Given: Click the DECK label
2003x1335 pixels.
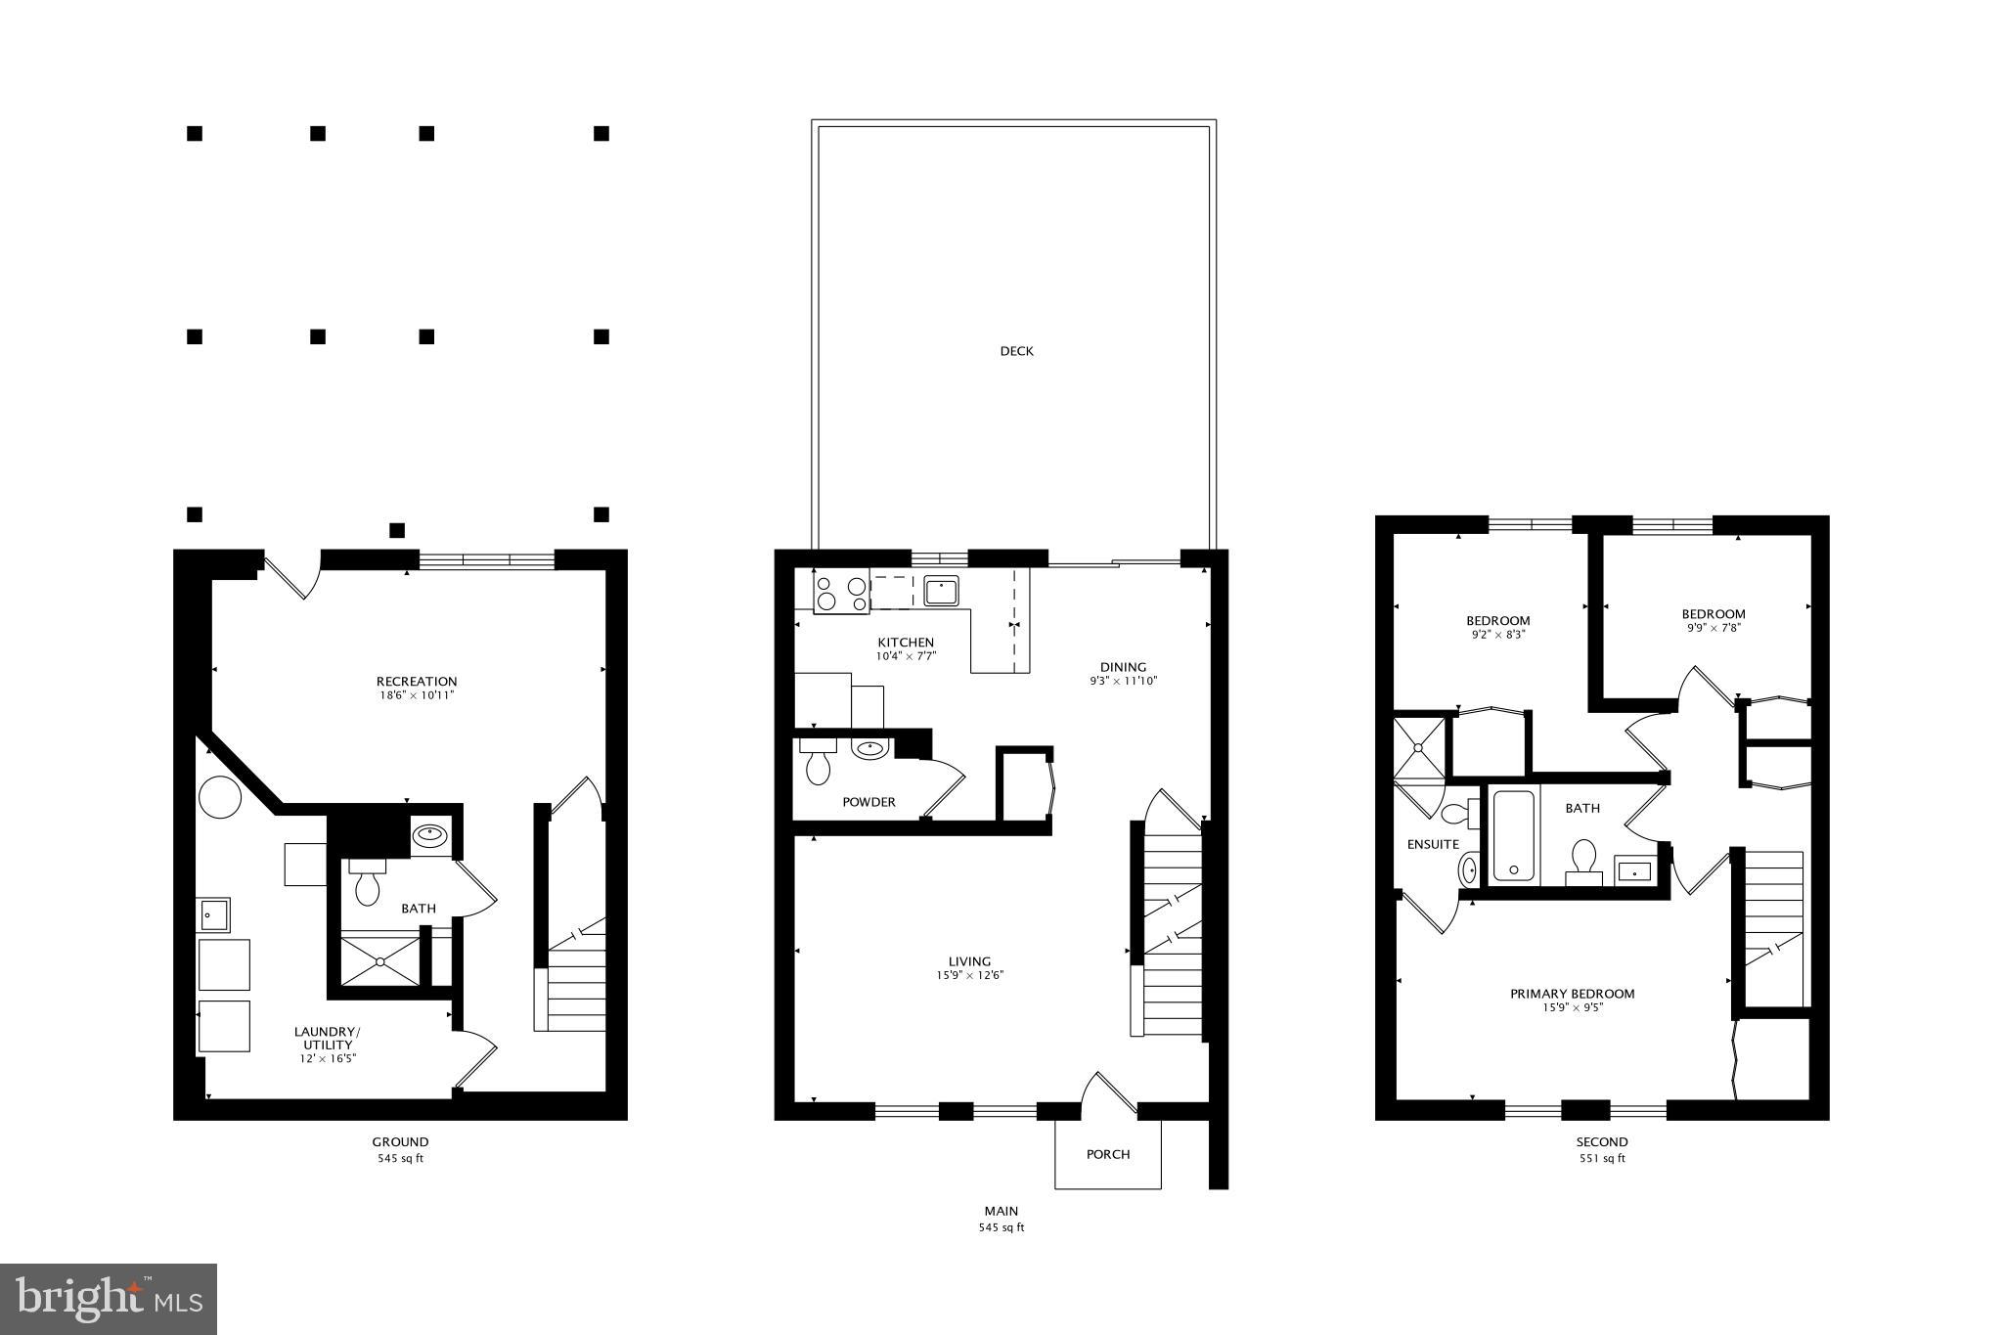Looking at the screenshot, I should [1016, 351].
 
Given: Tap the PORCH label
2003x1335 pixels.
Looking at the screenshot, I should [1107, 1154].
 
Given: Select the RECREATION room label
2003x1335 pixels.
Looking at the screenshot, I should [417, 682].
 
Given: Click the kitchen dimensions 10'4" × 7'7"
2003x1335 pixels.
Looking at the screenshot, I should [906, 656].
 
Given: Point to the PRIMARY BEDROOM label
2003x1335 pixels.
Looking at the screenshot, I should [1572, 994].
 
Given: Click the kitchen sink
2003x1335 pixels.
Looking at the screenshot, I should [941, 592].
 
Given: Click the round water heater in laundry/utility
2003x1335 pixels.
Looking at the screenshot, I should [220, 798].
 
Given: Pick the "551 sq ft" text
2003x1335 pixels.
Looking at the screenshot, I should [1601, 1159].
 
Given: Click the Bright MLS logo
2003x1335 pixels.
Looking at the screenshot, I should [109, 1299].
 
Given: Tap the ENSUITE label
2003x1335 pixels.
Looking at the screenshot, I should [1433, 844].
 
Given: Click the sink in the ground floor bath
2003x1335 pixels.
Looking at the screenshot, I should [430, 835].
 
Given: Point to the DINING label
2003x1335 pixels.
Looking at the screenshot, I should [1123, 667].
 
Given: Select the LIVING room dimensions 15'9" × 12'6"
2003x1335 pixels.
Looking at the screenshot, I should [969, 975].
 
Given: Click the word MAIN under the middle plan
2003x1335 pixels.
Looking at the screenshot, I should [1001, 1211].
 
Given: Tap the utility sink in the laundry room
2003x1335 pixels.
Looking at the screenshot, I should [214, 915].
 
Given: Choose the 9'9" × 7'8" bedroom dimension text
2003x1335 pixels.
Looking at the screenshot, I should [1713, 628].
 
